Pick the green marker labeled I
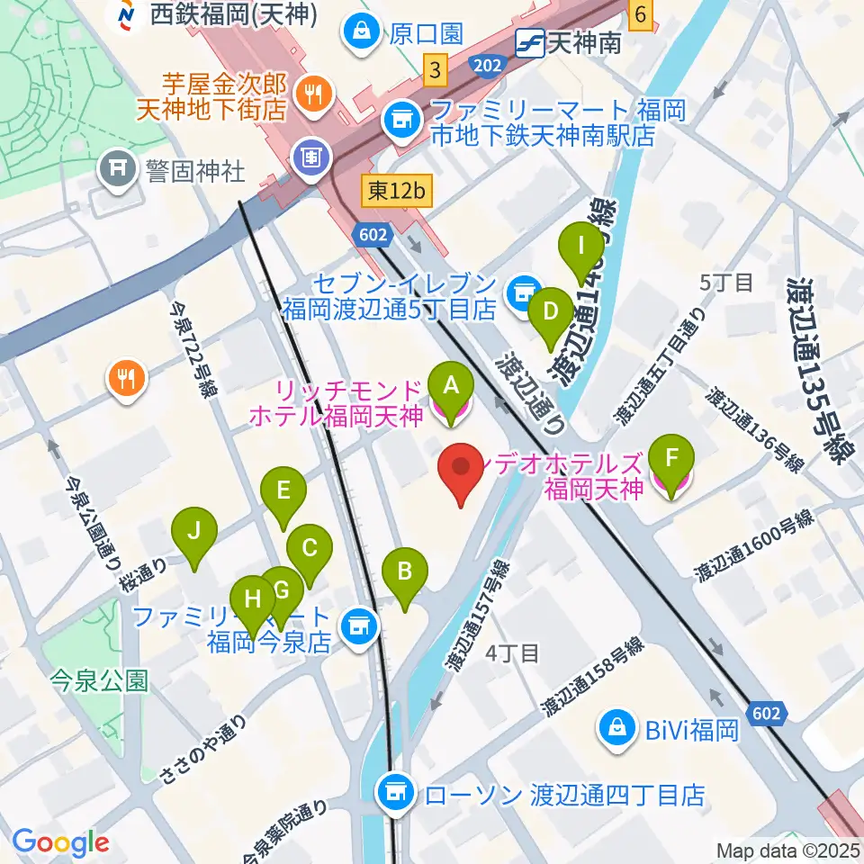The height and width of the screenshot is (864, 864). (x=582, y=246)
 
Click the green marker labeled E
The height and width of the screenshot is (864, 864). (x=283, y=491)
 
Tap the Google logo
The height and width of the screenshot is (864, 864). (x=60, y=843)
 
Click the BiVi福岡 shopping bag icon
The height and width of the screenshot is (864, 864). (x=618, y=728)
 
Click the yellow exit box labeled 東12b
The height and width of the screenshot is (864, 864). (x=396, y=191)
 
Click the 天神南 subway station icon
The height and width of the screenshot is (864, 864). (x=527, y=41)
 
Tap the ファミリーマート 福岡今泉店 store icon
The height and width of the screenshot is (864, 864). (x=359, y=623)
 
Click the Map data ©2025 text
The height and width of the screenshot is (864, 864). (x=788, y=850)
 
